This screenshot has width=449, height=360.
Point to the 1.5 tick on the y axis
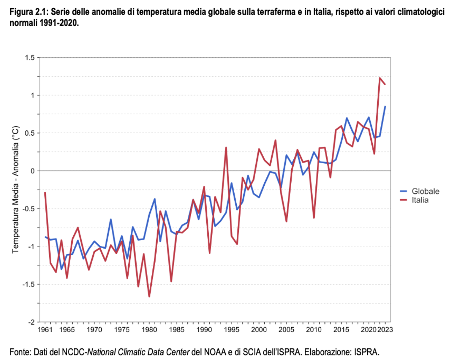point(30,58)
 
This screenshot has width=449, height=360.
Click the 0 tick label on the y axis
point(32,171)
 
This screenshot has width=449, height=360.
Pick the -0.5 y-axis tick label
point(29,209)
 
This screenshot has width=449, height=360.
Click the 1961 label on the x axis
point(45,330)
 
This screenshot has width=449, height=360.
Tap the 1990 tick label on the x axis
point(204,330)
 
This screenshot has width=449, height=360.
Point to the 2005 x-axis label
point(286,330)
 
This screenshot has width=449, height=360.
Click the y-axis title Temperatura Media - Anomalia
point(15,190)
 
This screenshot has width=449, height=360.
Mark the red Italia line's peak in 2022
point(380,78)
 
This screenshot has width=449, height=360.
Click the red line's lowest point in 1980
point(149,296)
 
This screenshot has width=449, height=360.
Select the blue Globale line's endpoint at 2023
point(385,106)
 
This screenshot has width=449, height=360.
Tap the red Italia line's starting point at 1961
point(45,192)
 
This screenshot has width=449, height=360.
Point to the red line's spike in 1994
point(226,147)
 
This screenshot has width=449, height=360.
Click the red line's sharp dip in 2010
point(314,218)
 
